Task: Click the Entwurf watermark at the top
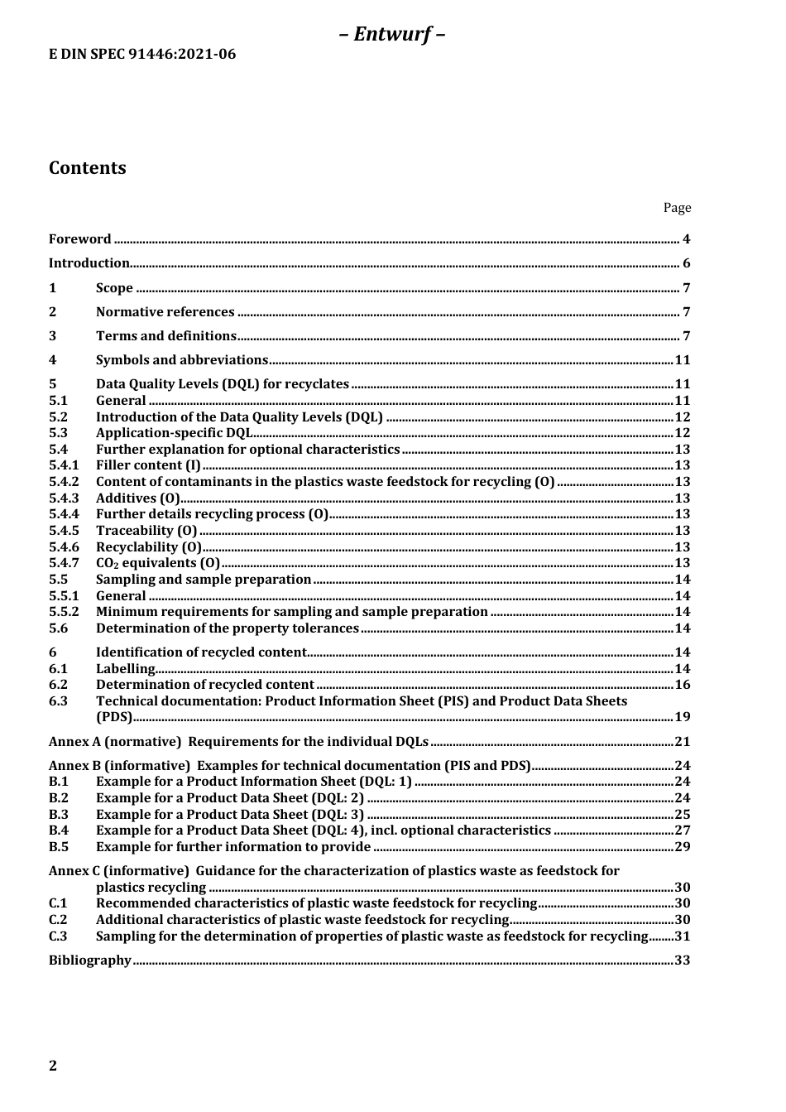point(392,34)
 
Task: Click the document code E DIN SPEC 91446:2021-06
point(142,55)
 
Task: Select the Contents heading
point(88,168)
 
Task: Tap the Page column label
point(677,208)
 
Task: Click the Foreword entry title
point(79,239)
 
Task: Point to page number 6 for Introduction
point(686,264)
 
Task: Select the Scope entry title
point(114,288)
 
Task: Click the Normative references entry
point(165,312)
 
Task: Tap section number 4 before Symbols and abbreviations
point(53,360)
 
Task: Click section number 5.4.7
point(64,563)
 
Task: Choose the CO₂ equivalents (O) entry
point(146,563)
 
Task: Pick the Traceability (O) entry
point(146,531)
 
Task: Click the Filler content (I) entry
point(148,465)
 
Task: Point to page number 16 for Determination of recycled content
point(683,685)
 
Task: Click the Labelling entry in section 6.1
point(125,669)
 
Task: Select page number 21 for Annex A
point(683,742)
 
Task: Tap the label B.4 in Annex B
point(59,830)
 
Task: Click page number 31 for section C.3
point(683,936)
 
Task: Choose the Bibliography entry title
point(89,960)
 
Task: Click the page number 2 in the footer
point(53,1066)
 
